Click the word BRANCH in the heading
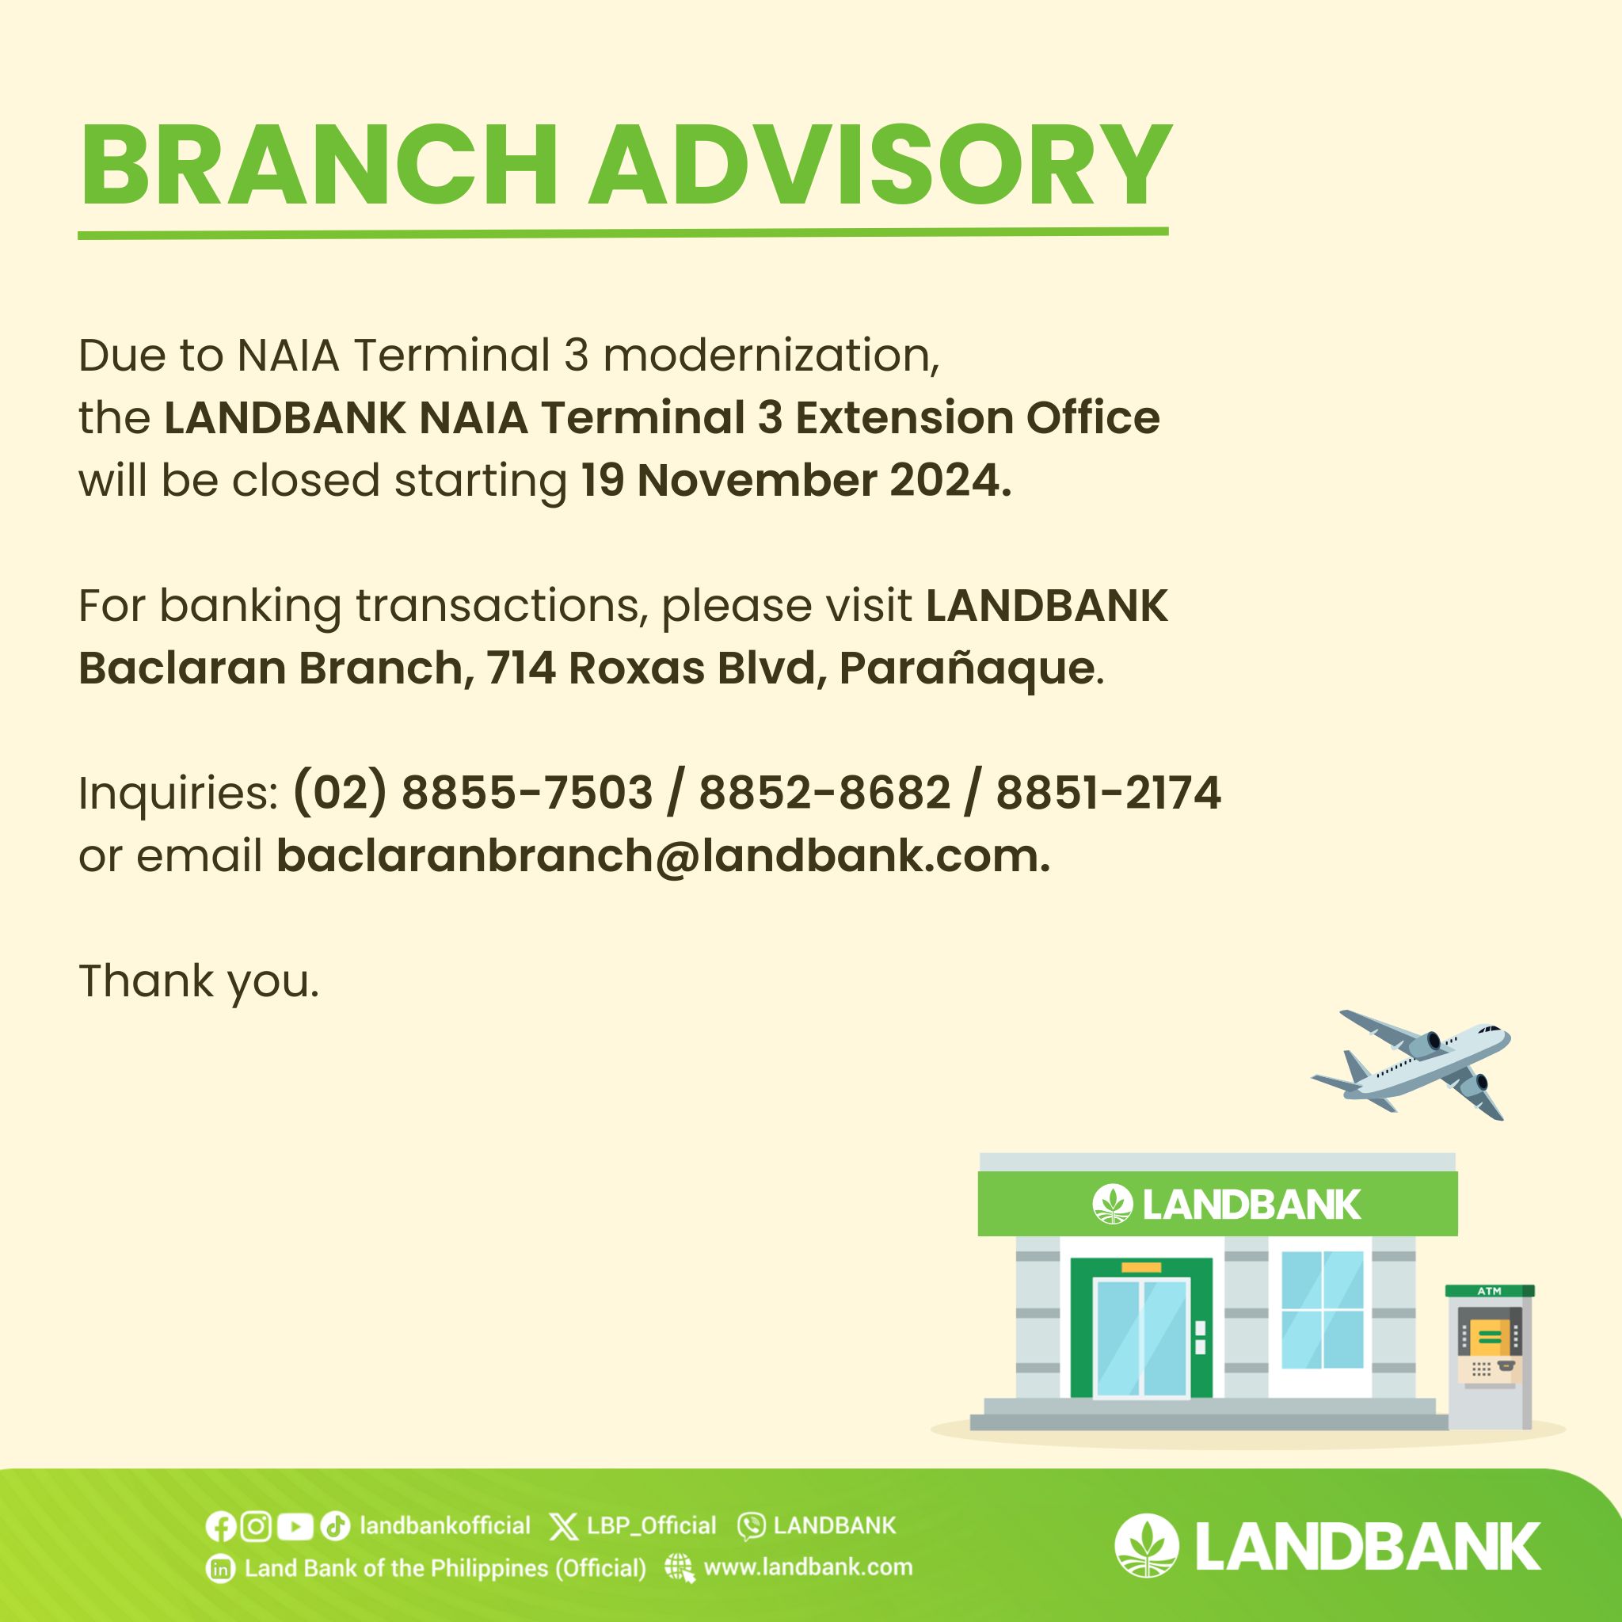click(320, 166)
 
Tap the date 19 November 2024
click(796, 480)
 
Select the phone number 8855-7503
click(527, 793)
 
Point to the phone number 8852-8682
click(824, 793)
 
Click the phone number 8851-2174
click(1108, 793)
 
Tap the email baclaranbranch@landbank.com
click(663, 855)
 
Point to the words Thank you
click(199, 981)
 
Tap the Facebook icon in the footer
click(220, 1526)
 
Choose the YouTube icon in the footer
click(294, 1526)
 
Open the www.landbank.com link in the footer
click(808, 1567)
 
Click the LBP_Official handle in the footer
click(652, 1525)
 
